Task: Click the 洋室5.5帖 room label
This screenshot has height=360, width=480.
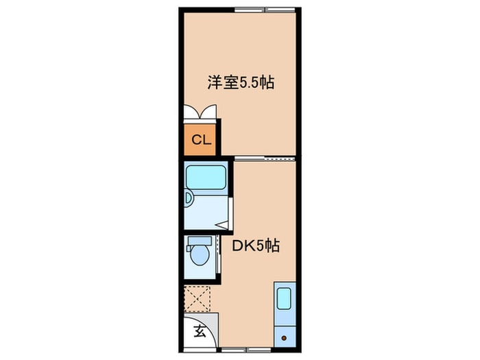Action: (x=241, y=82)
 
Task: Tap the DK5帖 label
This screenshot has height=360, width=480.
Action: (x=256, y=245)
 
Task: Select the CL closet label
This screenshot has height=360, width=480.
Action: (x=201, y=140)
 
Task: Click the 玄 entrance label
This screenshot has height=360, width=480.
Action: (x=200, y=331)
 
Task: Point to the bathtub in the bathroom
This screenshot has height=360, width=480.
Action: (x=206, y=178)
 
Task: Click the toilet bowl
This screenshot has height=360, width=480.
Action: (x=200, y=255)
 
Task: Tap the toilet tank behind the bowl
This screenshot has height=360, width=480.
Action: (x=200, y=241)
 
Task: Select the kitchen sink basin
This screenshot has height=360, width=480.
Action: (x=284, y=299)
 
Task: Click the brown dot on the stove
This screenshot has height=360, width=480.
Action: (x=284, y=338)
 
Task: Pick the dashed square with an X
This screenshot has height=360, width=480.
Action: (x=197, y=299)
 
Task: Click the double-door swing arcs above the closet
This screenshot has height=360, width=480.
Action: (x=200, y=111)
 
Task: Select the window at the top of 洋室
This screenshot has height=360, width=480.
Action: (x=265, y=10)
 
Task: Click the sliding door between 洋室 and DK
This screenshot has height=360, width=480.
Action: (x=265, y=158)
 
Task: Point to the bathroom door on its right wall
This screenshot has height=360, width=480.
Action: (x=231, y=213)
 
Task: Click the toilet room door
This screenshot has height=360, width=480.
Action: (x=218, y=254)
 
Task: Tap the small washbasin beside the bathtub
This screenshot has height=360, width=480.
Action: (x=189, y=198)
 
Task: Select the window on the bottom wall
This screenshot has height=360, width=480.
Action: (x=245, y=350)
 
